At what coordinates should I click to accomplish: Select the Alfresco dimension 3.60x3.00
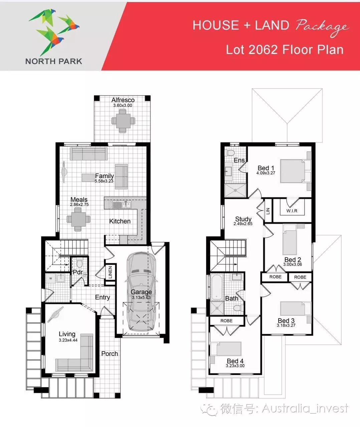point(123,105)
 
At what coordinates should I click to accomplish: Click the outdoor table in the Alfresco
point(123,121)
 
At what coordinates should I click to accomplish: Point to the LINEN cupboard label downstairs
point(111,272)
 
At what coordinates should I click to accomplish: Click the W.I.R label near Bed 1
point(292,210)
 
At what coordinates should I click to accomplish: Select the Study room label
point(243,219)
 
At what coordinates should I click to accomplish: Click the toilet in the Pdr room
point(79,263)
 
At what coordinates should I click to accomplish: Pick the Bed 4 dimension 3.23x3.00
point(235,366)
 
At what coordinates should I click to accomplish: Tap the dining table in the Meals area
point(78,219)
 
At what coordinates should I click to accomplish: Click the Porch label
point(110,354)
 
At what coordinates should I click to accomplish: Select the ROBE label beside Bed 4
point(226,321)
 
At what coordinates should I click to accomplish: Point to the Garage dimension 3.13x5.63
point(141,298)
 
